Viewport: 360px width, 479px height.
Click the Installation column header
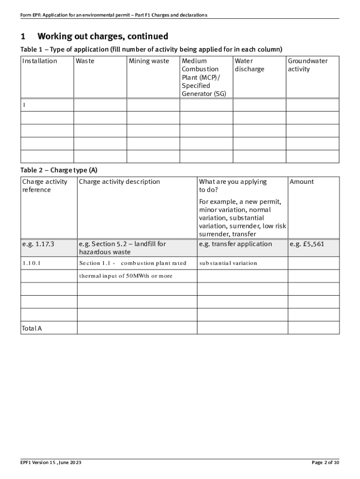click(40, 61)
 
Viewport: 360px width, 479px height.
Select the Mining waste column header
click(149, 61)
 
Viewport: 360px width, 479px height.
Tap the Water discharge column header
click(249, 65)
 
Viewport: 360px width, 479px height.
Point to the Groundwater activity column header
click(308, 65)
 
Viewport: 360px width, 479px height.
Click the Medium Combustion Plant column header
click(204, 77)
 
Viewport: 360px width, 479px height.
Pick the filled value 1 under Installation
click(24, 105)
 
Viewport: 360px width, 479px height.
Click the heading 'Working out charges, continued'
click(102, 36)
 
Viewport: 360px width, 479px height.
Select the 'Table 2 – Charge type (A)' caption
click(58, 170)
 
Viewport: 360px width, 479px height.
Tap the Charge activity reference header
click(44, 186)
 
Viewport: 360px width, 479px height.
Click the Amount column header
click(302, 181)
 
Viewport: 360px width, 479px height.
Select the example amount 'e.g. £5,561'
click(307, 244)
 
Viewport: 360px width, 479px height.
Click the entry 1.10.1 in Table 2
click(31, 263)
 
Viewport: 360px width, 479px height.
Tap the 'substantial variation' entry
click(228, 263)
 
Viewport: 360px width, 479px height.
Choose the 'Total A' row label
click(32, 328)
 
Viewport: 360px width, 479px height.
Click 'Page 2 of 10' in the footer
click(325, 463)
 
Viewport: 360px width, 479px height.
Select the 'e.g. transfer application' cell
click(235, 244)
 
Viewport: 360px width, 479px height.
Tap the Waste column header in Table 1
click(85, 61)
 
